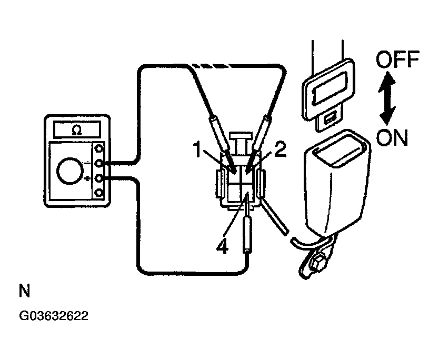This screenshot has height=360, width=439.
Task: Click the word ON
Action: [x=393, y=138]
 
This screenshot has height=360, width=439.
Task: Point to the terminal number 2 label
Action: [x=280, y=149]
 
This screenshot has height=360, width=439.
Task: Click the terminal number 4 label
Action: [x=223, y=246]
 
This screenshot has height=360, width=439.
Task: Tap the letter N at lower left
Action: [x=24, y=291]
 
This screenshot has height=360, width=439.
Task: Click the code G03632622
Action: [x=54, y=316]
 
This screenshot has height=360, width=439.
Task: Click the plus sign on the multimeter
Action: [x=87, y=179]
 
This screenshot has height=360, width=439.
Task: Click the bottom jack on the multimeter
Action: [x=98, y=192]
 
